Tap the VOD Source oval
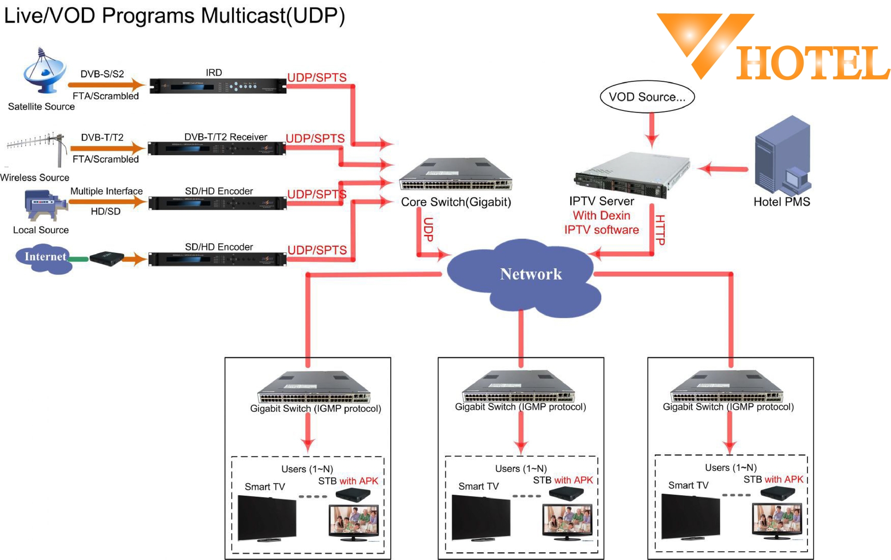[647, 97]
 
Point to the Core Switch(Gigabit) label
[456, 202]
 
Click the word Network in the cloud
[531, 274]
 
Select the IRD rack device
[218, 86]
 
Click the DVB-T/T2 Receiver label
[225, 137]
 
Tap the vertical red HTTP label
[660, 230]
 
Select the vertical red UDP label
[429, 229]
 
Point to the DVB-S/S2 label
[102, 74]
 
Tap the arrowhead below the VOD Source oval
[652, 140]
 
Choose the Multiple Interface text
[106, 191]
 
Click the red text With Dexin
[601, 215]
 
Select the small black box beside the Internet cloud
[106, 258]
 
